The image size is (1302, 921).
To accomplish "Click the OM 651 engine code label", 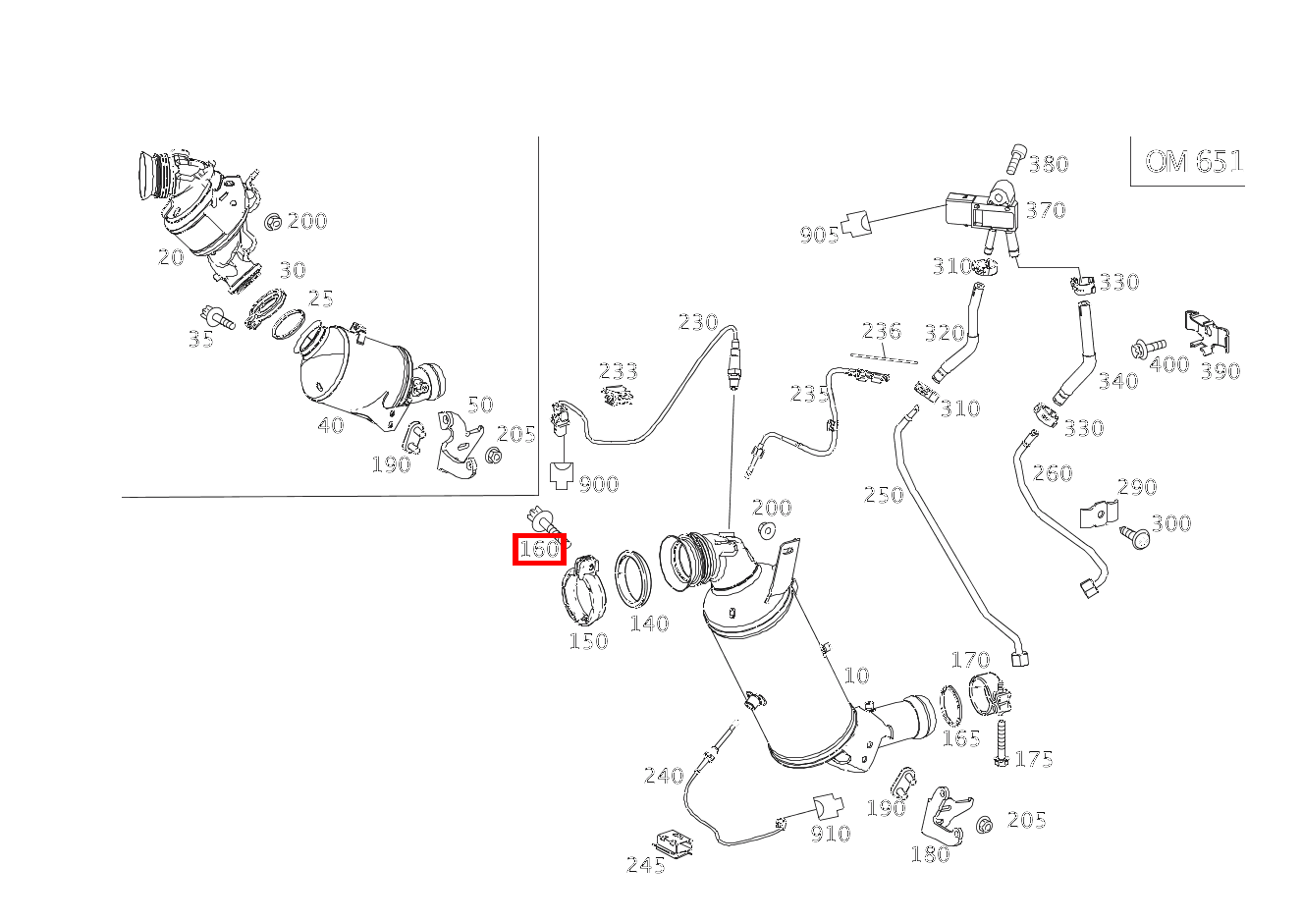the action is (x=1193, y=161).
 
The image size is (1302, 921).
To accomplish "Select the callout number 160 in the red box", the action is (x=539, y=550).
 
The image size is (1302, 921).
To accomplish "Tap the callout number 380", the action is (x=1049, y=164).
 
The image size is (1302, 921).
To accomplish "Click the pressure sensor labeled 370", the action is (x=972, y=212).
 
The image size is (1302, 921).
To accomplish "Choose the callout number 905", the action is (x=819, y=235).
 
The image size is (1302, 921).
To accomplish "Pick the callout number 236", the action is (x=882, y=331).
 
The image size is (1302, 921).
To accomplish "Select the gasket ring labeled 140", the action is (x=633, y=579).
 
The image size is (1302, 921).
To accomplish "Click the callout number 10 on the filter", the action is (x=856, y=676).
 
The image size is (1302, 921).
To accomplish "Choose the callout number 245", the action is (x=645, y=865).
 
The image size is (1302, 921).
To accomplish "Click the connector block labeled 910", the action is (x=828, y=807).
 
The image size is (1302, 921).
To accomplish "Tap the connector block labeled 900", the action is (x=563, y=476).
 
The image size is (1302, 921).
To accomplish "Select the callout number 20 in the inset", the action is (x=171, y=257).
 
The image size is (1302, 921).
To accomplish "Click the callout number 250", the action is (x=883, y=495).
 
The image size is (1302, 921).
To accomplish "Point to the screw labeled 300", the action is (x=1137, y=536).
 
